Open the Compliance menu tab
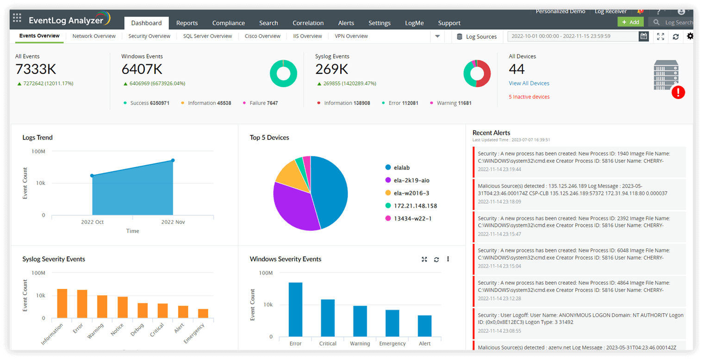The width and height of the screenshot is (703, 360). [228, 23]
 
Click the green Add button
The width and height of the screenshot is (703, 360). [630, 22]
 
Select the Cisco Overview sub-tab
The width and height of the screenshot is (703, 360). [262, 36]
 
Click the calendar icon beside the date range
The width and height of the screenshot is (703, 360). [643, 36]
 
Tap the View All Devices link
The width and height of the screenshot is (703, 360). [529, 83]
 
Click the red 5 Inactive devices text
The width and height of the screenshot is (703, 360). [529, 97]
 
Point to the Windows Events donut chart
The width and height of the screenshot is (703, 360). [283, 74]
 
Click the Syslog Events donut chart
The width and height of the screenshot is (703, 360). [477, 74]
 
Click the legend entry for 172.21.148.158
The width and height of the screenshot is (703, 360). [415, 206]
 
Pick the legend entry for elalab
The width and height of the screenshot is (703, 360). [401, 168]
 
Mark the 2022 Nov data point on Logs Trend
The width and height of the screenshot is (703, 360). [173, 161]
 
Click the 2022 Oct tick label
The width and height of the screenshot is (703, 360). [93, 222]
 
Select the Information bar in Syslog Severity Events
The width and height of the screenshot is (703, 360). [62, 304]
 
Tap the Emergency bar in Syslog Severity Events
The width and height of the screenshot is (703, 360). [203, 313]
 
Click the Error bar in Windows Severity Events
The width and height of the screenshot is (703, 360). [295, 309]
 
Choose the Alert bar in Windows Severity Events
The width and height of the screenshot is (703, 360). [424, 326]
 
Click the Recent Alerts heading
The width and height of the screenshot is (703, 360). [491, 133]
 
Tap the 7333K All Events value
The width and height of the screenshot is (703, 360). [36, 69]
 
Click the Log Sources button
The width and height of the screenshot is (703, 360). [476, 37]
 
